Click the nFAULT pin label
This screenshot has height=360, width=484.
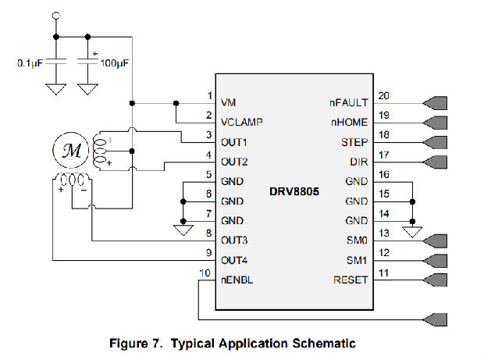[x=349, y=102]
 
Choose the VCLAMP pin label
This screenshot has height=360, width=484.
[x=241, y=123]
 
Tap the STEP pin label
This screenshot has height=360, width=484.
[x=354, y=142]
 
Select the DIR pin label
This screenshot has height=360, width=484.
[x=358, y=162]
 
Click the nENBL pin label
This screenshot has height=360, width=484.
[x=237, y=280]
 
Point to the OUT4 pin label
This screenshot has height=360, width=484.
[x=234, y=261]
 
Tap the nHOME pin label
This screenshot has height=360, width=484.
[x=349, y=123]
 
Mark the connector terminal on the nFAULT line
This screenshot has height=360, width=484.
[x=433, y=102]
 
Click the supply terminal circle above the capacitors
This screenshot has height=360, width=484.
[x=55, y=16]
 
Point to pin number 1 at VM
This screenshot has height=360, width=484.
[x=209, y=95]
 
